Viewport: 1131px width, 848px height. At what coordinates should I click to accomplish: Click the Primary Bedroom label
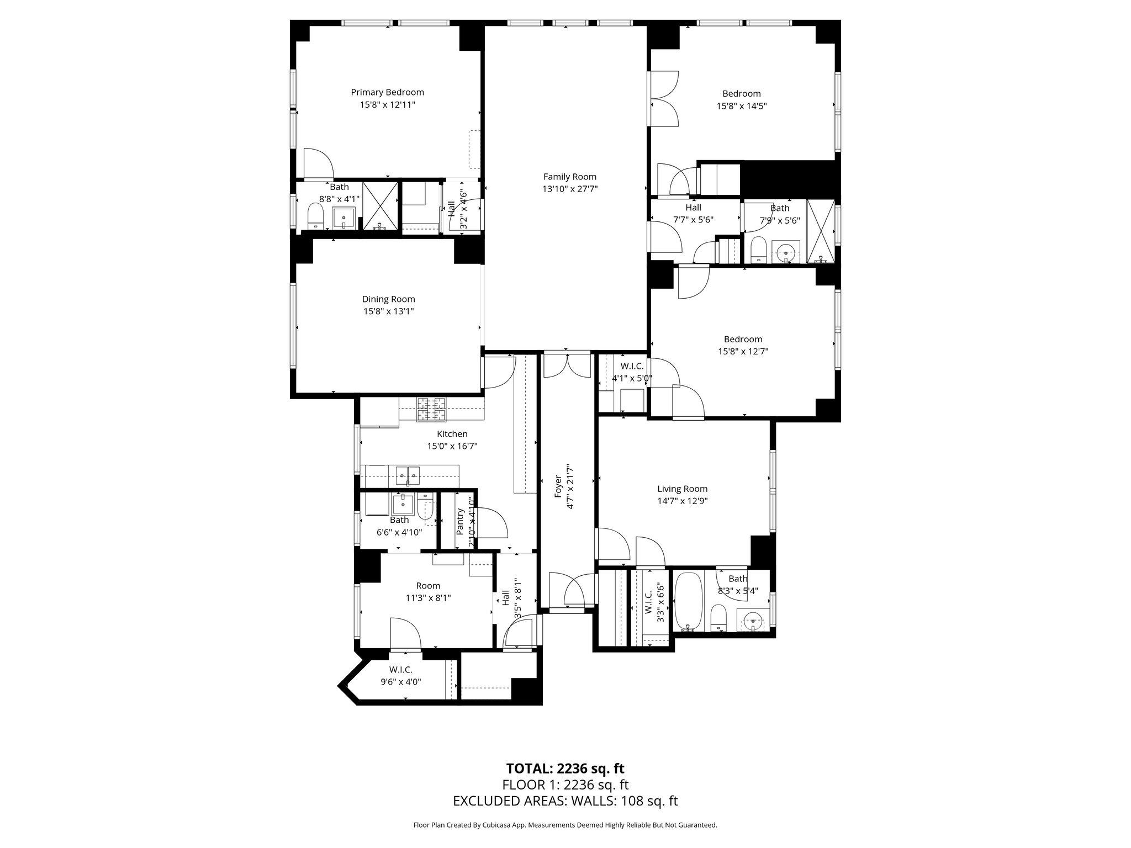pos(387,92)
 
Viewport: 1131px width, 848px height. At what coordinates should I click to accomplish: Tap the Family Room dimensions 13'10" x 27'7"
pos(570,189)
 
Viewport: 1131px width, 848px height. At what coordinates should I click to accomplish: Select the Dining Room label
pos(388,299)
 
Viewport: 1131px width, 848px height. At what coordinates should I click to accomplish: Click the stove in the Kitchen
pos(431,409)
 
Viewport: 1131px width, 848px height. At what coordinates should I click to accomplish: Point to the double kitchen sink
pos(408,473)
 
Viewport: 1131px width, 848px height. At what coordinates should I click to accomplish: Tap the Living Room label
pos(682,489)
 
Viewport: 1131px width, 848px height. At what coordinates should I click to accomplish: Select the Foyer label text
pos(558,486)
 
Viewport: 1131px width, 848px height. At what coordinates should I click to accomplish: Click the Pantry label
pos(460,521)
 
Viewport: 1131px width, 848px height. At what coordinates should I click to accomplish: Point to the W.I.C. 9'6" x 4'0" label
pos(400,670)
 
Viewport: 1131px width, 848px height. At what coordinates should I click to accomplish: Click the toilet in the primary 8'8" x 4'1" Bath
pos(315,216)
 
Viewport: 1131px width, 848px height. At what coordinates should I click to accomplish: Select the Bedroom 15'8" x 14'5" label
pos(742,93)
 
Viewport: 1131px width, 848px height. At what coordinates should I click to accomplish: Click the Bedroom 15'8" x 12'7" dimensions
pos(743,351)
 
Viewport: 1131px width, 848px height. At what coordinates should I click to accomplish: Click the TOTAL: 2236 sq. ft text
pos(565,768)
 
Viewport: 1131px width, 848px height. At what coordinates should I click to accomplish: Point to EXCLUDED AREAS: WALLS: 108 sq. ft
pos(565,801)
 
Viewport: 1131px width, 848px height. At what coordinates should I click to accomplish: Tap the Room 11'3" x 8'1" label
pos(428,586)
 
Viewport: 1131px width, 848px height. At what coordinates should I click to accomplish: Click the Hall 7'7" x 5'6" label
pos(693,207)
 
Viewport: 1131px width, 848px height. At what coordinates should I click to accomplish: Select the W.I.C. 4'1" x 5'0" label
pos(632,366)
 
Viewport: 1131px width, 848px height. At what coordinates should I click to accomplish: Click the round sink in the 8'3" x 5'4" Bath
pos(753,621)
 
